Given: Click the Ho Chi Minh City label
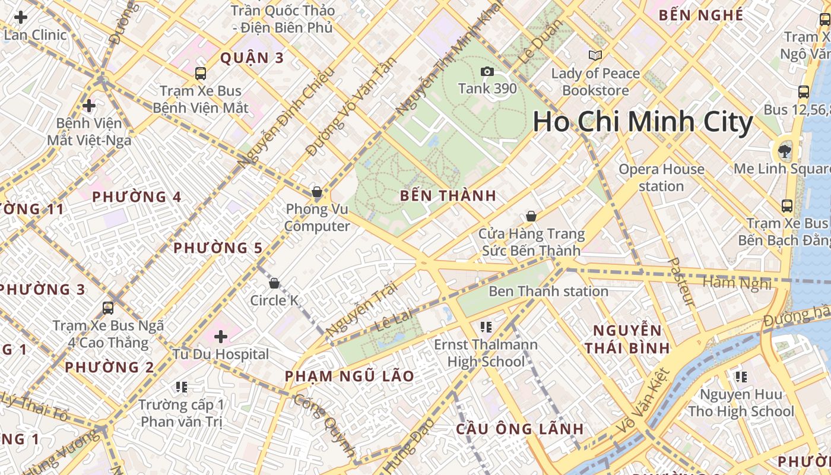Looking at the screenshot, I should pos(643,122).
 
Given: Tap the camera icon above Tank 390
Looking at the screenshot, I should pos(487,72).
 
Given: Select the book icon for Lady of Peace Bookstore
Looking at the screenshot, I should pos(595,56).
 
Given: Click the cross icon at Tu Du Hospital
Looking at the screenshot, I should pos(221,337).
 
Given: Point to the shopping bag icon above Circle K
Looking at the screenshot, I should pos(274,283).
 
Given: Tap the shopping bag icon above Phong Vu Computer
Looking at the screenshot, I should pos(317,192).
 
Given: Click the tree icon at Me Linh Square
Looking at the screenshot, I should pos(785,150).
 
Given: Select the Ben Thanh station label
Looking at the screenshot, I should pos(548,292).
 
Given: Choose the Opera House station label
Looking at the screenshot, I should pos(661,178).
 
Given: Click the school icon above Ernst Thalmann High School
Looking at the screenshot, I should pos(486,327).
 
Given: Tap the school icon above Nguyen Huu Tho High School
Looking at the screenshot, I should pos(740,376).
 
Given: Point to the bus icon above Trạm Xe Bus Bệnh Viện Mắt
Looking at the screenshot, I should pos(201,74).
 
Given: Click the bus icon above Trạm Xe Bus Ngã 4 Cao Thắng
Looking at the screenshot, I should pos(108,308).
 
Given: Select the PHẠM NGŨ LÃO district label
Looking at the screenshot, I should pos(350,376).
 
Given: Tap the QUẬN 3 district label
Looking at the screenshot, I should pos(252,58).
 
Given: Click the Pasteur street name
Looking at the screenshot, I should pos(681,281).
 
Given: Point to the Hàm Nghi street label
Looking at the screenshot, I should pos(737,283).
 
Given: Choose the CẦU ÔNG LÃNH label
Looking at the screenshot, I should pos(519,429).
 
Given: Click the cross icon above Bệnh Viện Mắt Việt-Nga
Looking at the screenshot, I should pos(89,106).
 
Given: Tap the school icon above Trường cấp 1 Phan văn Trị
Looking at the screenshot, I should pos(182,387).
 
